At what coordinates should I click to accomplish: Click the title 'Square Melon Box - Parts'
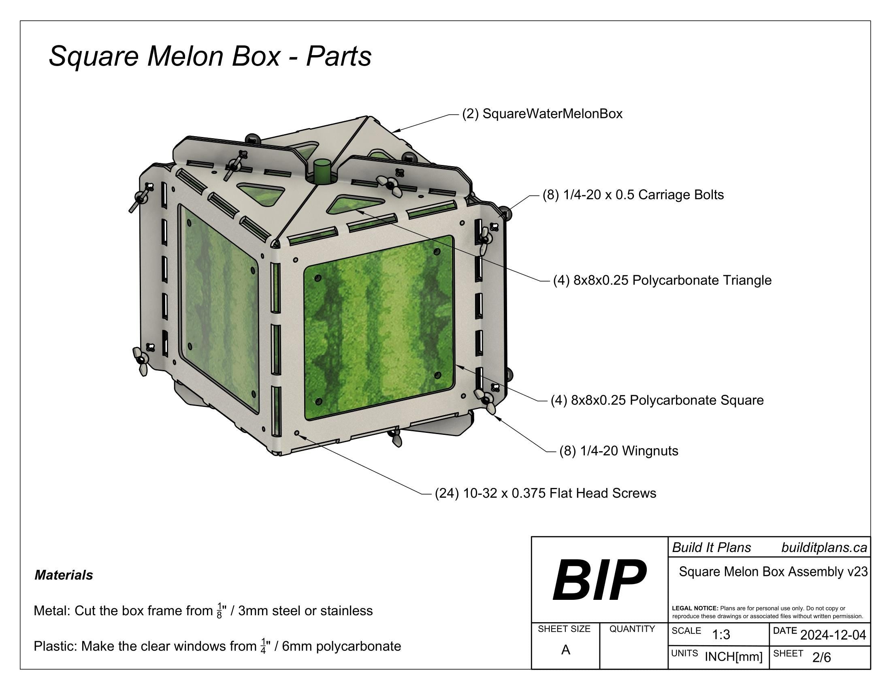(210, 56)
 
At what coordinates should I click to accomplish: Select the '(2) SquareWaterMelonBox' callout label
(542, 113)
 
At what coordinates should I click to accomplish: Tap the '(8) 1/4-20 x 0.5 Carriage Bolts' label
(633, 195)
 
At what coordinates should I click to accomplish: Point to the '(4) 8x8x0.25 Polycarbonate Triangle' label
(662, 280)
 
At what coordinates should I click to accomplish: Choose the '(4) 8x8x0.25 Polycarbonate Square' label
(657, 400)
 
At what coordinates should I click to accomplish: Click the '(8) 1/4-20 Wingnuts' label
(618, 451)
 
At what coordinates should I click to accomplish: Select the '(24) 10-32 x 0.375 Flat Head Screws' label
(546, 493)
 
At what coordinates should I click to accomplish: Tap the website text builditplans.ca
(824, 548)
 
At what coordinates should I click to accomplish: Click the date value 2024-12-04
(833, 635)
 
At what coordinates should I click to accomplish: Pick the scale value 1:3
(721, 635)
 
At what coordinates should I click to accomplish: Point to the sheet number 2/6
(821, 657)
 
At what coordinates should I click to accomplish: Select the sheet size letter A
(565, 650)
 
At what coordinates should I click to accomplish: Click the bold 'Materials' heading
(64, 575)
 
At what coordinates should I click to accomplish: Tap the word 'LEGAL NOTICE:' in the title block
(695, 608)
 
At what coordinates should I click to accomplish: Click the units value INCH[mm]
(733, 657)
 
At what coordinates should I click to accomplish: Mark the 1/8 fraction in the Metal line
(220, 611)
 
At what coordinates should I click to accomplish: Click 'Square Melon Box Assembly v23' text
(773, 571)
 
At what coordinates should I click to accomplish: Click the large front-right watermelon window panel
(379, 327)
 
